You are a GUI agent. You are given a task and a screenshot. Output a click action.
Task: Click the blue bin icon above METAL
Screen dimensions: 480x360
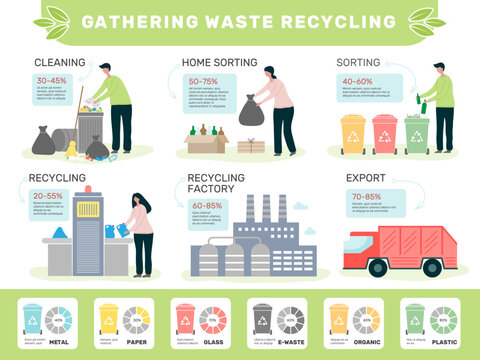click(x=33, y=318)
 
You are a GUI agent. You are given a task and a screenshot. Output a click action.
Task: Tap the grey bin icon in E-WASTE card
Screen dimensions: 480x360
click(x=262, y=318)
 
